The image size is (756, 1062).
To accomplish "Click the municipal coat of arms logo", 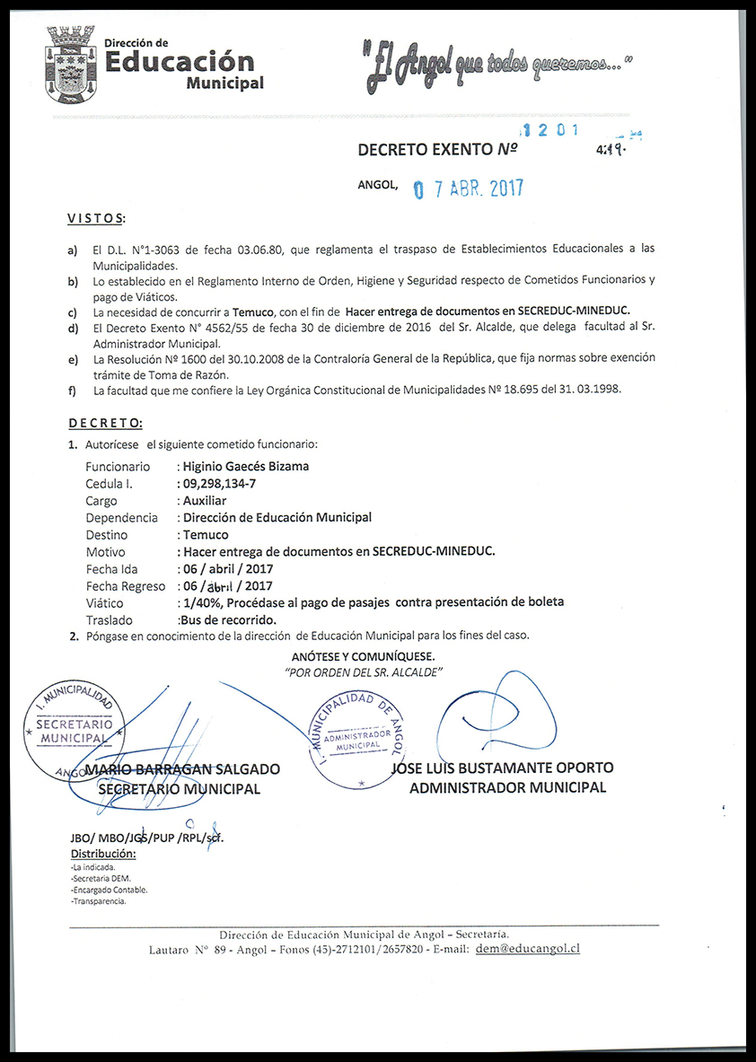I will [70, 61].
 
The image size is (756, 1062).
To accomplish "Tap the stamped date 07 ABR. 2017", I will [467, 189].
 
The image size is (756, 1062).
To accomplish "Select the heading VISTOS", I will [97, 219].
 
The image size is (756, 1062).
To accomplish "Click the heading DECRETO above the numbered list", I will [105, 423].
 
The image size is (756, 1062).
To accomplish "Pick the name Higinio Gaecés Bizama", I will [245, 466].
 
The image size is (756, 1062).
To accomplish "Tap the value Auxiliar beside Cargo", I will [205, 501].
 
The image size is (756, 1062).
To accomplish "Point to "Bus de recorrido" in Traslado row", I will [227, 620].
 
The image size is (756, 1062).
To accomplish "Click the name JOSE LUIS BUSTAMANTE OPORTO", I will [503, 768].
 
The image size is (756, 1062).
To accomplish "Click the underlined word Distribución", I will [103, 854].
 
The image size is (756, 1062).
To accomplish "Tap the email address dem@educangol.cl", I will [527, 948].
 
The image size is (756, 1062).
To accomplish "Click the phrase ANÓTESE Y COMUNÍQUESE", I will [363, 656].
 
